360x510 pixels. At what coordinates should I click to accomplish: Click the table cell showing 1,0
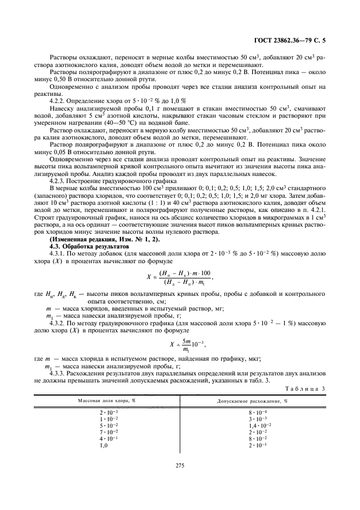coord(103,445)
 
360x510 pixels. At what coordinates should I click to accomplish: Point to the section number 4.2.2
coord(58,101)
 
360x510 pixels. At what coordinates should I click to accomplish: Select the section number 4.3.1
coord(58,253)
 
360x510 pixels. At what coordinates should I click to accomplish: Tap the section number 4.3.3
coord(58,373)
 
